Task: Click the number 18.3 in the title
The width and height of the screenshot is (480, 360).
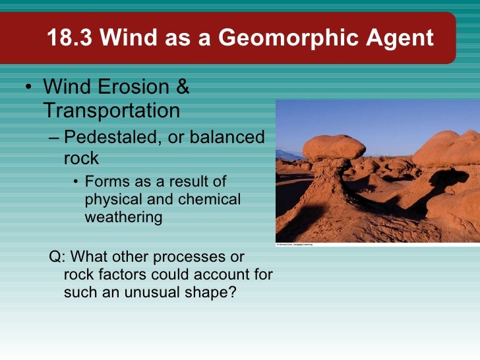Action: click(x=71, y=38)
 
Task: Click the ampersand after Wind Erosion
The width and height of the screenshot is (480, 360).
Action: click(x=181, y=87)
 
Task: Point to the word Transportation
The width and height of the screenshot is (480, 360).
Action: click(x=111, y=110)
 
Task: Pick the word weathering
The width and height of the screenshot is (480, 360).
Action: click(x=123, y=217)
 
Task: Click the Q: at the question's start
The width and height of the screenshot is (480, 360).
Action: click(x=58, y=256)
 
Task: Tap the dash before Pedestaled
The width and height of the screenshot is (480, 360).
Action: click(x=53, y=138)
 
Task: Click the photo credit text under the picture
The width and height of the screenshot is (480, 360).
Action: click(x=294, y=245)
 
